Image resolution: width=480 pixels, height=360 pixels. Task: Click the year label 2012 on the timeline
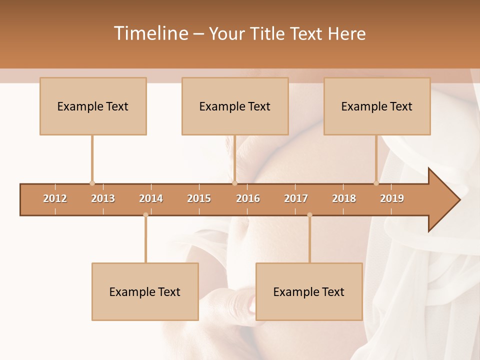(55, 198)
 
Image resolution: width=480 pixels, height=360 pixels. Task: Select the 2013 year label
(103, 198)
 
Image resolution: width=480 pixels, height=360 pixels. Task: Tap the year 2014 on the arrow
(151, 198)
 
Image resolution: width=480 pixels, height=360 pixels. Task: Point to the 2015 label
(199, 198)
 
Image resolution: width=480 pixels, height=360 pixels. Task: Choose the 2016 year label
(248, 198)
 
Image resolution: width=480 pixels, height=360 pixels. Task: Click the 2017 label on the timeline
(296, 198)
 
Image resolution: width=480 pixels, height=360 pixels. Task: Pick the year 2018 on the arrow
(344, 198)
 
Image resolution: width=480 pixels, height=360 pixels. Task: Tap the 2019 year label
(392, 198)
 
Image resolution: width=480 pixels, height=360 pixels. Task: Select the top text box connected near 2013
(93, 106)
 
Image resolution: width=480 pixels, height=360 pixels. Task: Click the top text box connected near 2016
(235, 106)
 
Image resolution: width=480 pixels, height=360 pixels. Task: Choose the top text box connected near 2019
(377, 106)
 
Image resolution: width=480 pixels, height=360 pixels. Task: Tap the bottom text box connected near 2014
(145, 291)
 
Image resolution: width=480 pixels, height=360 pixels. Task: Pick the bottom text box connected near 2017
(309, 291)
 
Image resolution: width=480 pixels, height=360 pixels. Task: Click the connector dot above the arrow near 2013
(92, 183)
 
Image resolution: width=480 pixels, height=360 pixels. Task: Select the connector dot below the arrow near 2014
(145, 215)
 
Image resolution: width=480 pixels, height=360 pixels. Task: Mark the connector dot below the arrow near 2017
(309, 215)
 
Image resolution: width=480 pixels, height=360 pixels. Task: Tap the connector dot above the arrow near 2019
(376, 183)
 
